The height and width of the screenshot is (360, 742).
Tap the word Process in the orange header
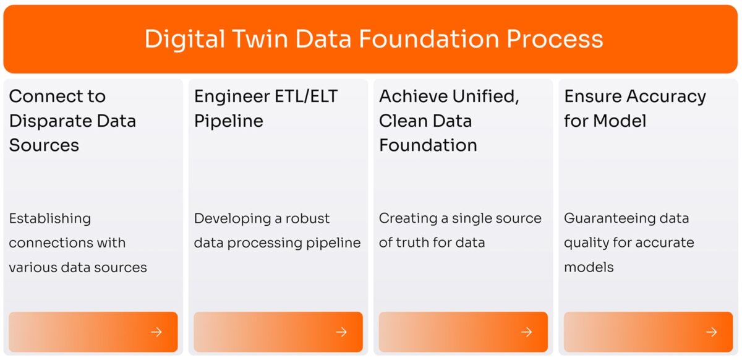[555, 39]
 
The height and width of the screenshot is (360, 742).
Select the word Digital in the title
[184, 40]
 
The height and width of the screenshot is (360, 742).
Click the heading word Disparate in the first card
[49, 121]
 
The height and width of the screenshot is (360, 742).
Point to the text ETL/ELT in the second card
[307, 96]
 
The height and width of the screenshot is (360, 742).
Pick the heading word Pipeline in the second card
[229, 121]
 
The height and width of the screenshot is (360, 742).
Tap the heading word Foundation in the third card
[428, 145]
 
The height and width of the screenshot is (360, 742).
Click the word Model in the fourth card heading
[620, 121]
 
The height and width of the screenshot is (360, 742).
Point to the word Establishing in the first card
[49, 219]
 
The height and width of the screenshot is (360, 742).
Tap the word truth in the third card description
[413, 242]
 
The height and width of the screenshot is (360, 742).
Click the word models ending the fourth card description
[589, 267]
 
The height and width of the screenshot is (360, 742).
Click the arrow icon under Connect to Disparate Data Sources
[156, 332]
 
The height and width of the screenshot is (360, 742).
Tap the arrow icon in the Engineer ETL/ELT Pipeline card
[341, 332]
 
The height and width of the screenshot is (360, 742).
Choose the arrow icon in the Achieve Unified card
[527, 332]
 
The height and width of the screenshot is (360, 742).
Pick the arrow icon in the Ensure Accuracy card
[712, 332]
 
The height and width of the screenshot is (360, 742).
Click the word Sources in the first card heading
[44, 145]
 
